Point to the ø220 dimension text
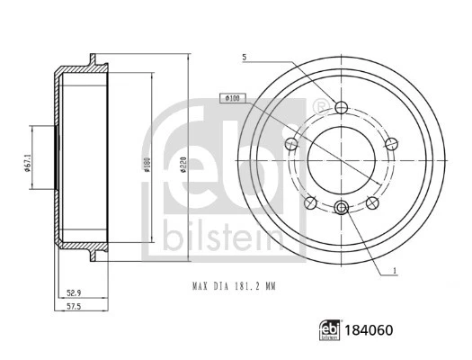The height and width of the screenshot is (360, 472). coord(183,165)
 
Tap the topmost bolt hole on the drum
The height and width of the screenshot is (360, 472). coord(341,108)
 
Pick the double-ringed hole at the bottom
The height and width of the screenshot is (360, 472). coord(341,209)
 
